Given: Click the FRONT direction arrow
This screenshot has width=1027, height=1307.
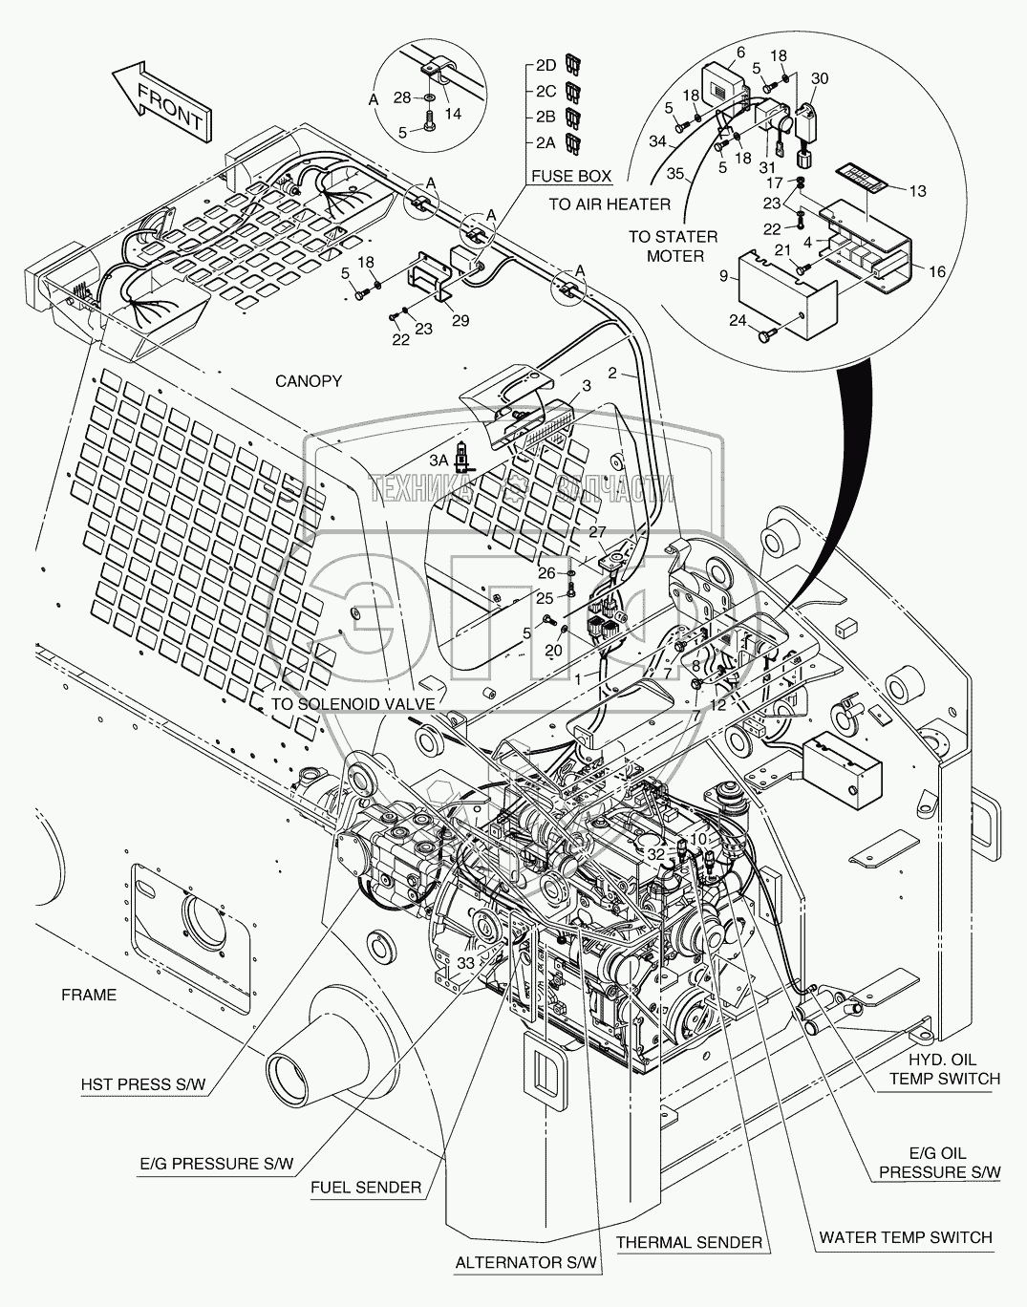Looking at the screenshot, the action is tap(162, 102).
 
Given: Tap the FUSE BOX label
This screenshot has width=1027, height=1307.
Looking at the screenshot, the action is tap(571, 176).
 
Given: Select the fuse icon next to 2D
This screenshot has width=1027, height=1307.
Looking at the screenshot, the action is tap(572, 64).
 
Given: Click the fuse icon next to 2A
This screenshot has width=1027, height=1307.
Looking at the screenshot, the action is tap(572, 142).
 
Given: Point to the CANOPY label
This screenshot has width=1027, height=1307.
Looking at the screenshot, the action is tap(309, 381).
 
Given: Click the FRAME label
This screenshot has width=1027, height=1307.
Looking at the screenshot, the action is tap(89, 995).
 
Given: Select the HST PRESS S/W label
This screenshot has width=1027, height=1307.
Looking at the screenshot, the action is tap(143, 1083).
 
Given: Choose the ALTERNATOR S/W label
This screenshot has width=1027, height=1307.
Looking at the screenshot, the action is tap(525, 1262).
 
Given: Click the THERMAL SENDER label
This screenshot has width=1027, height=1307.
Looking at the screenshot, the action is tap(689, 1242).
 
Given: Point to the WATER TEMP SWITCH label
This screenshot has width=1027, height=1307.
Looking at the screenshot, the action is tap(906, 1237).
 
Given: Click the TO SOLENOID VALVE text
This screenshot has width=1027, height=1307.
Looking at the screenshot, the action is tap(353, 703).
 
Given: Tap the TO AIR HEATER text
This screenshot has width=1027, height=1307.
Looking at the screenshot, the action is tap(610, 204).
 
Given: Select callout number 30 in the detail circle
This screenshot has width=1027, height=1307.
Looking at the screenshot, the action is tap(820, 78).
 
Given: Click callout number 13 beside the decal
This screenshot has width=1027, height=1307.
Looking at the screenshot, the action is tap(918, 191).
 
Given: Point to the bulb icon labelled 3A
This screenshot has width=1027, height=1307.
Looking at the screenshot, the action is tap(461, 457).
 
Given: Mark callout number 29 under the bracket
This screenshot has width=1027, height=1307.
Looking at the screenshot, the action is tap(460, 321).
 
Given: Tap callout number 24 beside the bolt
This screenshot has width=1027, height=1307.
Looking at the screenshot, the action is tap(738, 320).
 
